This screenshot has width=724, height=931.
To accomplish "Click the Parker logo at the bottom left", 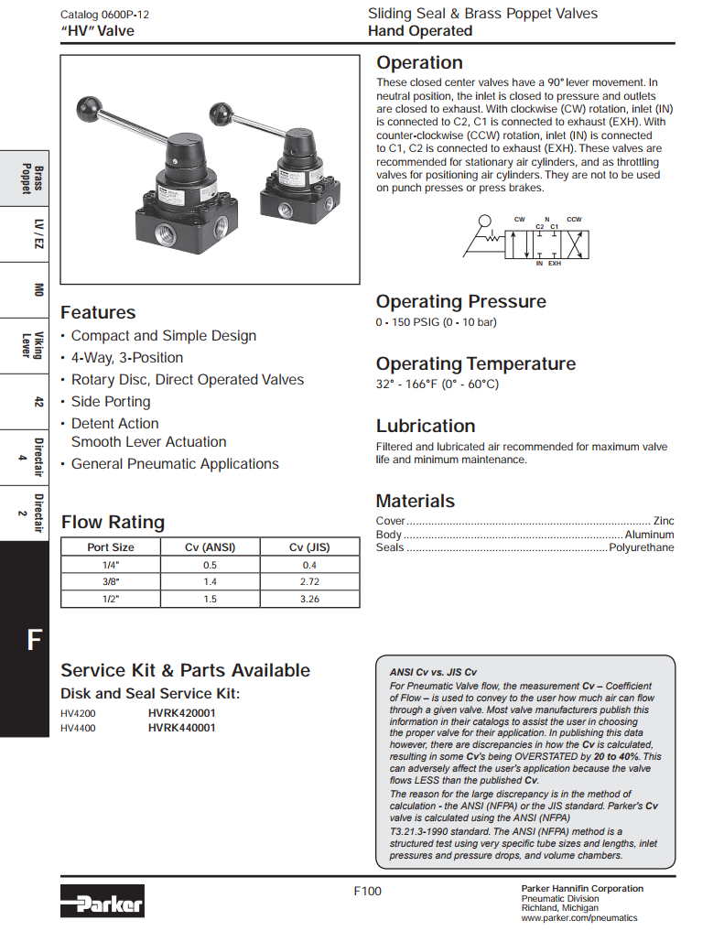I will (103, 902).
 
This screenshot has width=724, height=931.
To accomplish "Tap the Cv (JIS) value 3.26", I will (309, 599).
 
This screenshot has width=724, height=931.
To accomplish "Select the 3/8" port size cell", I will (111, 582).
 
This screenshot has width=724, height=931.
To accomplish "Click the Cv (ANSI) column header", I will (210, 547).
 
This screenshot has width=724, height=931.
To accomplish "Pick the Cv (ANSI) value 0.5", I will (210, 565).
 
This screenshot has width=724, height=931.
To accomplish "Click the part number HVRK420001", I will (181, 712).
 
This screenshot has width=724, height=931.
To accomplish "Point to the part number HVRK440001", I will (181, 728).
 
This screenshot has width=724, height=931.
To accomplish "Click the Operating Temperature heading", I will (476, 363).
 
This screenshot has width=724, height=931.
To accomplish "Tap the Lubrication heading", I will (426, 426).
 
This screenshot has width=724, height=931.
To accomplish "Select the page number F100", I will (367, 892).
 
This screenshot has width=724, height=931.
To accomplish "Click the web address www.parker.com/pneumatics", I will (578, 918).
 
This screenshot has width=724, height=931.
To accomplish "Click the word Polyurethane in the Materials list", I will (642, 547).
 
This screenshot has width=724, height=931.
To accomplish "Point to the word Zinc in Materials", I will (663, 520).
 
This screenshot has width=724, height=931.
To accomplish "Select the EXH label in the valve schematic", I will (555, 264).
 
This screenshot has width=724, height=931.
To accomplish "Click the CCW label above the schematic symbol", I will (574, 220).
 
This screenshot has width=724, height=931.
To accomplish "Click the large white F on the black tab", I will (35, 639).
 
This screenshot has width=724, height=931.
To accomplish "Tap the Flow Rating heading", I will (113, 523).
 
